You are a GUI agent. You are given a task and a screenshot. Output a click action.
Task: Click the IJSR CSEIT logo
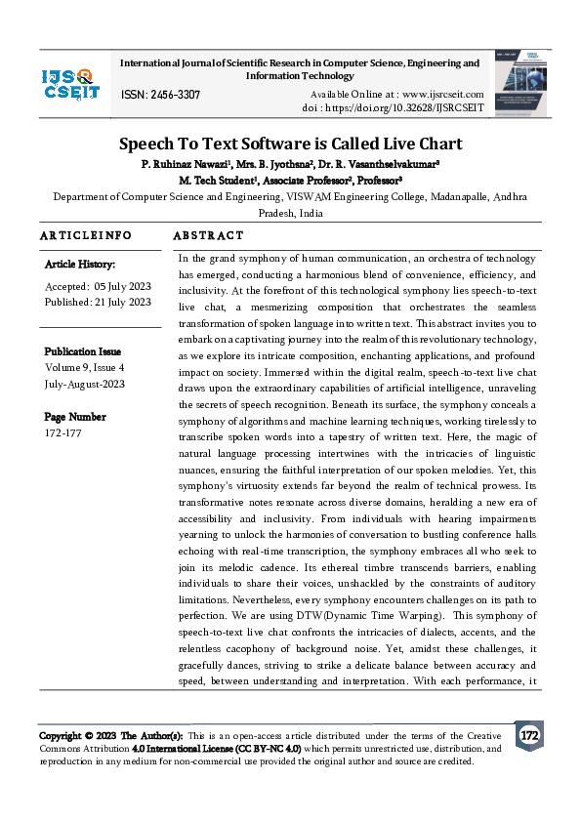[x=70, y=83]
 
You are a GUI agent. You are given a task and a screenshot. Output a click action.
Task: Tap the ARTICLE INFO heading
[x=85, y=236]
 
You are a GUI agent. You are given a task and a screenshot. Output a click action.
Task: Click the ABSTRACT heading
[x=208, y=236]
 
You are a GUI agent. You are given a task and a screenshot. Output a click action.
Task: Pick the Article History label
[x=80, y=265]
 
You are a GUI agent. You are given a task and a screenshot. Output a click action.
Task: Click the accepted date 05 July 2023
[x=122, y=286]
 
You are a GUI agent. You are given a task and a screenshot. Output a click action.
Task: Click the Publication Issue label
[x=83, y=351]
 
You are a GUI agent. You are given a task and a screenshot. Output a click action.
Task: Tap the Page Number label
[x=74, y=417]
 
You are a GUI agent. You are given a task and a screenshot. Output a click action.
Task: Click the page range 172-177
[x=64, y=432]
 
